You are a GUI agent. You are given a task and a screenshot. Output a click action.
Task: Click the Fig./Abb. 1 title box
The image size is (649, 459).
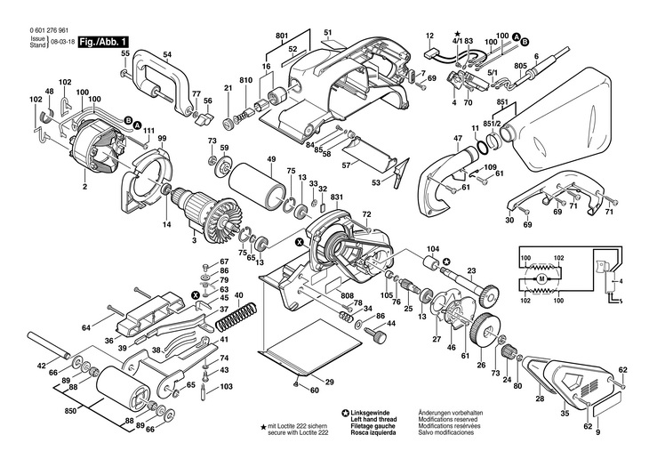point(102,42)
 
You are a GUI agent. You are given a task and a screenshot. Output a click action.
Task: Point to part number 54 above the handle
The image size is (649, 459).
point(167,54)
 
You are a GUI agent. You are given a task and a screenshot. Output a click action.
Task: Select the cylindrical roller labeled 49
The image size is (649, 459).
point(258,187)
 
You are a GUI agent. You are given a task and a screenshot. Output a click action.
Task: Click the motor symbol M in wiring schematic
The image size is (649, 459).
point(541,278)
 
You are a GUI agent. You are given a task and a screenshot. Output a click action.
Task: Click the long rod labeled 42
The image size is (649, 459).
point(49,344)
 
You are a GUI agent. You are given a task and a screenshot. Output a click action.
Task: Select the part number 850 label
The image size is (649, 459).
point(71,412)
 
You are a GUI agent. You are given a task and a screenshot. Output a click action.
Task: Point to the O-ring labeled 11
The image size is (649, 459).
point(481,146)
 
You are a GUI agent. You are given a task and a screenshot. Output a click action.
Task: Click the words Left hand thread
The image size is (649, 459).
point(373,420)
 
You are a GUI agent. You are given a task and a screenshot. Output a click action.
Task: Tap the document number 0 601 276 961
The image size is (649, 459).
point(49,30)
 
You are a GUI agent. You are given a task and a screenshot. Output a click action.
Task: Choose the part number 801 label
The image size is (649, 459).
point(282,36)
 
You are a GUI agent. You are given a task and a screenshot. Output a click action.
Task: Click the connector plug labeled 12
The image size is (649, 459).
point(431,53)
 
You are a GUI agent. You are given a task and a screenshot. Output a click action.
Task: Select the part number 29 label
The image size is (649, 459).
point(329,382)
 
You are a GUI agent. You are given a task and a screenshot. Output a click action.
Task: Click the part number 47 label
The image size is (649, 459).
point(457,137)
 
